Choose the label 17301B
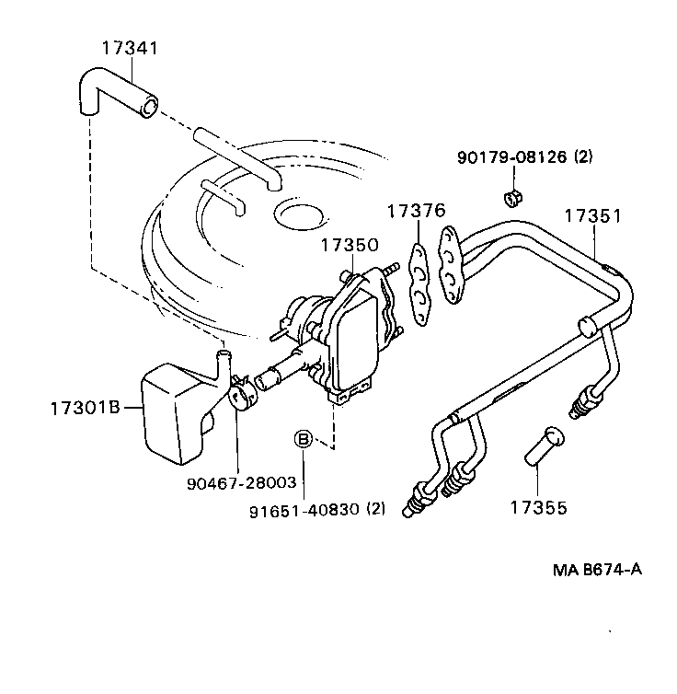click(x=85, y=406)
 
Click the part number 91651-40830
click(x=315, y=508)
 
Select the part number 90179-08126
click(x=511, y=157)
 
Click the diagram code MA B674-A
click(x=595, y=568)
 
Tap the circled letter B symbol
click(x=303, y=439)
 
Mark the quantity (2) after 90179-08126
click(x=583, y=157)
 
